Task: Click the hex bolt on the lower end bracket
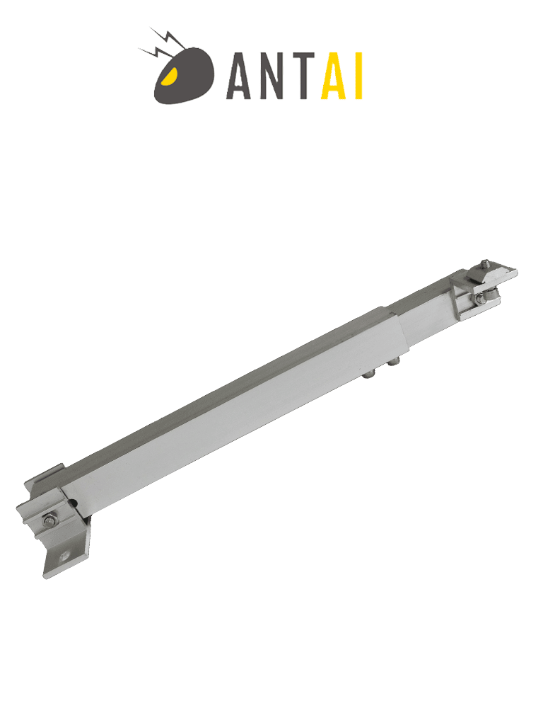[49, 521]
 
